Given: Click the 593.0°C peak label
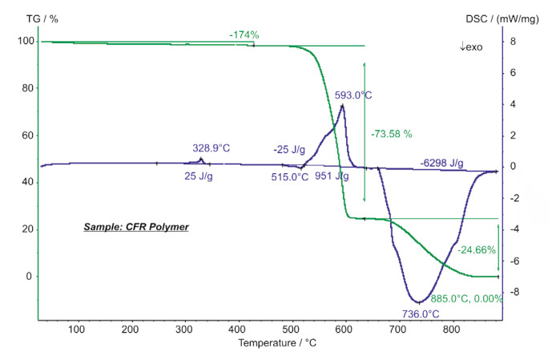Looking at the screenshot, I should pyautogui.click(x=353, y=95).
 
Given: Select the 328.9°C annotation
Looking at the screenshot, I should pyautogui.click(x=212, y=148).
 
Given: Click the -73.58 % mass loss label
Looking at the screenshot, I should pyautogui.click(x=390, y=134).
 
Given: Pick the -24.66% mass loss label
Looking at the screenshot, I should pyautogui.click(x=476, y=250).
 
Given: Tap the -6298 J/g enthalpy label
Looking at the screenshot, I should pyautogui.click(x=441, y=163).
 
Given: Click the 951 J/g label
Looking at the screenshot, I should pyautogui.click(x=332, y=176).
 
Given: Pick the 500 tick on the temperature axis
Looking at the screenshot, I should pyautogui.click(x=292, y=329).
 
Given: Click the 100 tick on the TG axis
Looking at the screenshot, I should pyautogui.click(x=28, y=42).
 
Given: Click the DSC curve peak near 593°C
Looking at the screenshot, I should pyautogui.click(x=342, y=106).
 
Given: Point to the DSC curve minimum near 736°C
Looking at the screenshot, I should pyautogui.click(x=419, y=302).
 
